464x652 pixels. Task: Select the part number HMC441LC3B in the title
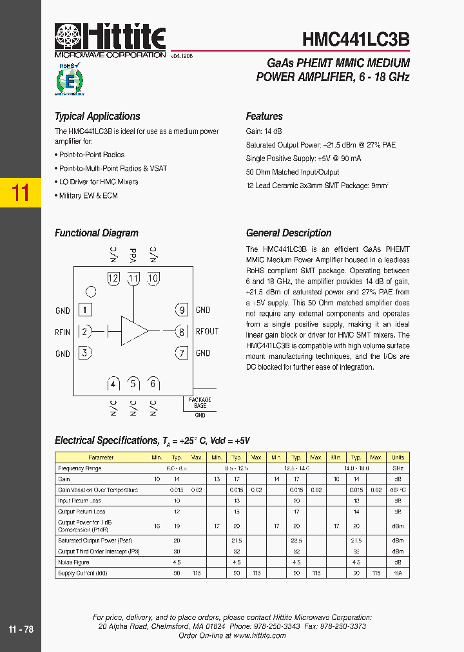(x=356, y=40)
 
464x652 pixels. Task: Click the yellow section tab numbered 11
(x=21, y=193)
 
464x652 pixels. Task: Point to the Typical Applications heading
(x=97, y=117)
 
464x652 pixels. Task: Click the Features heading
(x=264, y=117)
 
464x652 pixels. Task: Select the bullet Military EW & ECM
(x=88, y=196)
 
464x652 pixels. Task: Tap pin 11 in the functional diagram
(x=133, y=279)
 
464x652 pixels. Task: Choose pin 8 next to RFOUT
(x=182, y=331)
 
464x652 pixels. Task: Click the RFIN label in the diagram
(x=63, y=332)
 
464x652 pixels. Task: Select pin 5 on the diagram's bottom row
(x=133, y=384)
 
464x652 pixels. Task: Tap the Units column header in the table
(x=398, y=457)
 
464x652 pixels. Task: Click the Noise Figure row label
(x=73, y=562)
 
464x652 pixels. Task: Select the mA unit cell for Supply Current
(x=398, y=573)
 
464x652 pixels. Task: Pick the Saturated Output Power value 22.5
(x=296, y=541)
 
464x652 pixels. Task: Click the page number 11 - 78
(x=21, y=629)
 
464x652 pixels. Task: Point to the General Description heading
(x=289, y=233)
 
